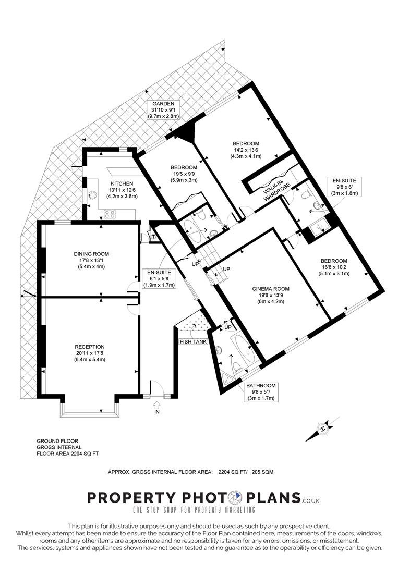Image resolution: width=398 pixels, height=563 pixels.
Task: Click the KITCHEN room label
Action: point(122,183)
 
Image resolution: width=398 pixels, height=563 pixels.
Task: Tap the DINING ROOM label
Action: point(91,254)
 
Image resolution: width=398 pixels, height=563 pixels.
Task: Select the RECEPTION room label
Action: point(89,347)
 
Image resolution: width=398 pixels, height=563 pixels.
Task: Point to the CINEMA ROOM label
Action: point(271,289)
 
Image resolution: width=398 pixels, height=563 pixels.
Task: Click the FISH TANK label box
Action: point(194,341)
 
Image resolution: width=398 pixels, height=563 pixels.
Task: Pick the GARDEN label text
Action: point(163,103)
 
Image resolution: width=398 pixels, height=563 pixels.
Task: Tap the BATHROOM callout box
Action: point(261,392)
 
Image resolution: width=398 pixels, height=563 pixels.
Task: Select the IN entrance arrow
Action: point(156,405)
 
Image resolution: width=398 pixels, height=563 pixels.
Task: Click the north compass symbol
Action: point(322,429)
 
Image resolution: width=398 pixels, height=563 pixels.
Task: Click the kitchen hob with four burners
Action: point(110,214)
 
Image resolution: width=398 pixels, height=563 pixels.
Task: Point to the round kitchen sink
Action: point(93,194)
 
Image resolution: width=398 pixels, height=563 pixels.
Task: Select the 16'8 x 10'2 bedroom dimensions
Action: point(334,267)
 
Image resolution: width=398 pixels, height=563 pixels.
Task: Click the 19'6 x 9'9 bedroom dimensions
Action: point(184,174)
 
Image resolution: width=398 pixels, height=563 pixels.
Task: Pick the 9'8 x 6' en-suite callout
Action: point(344,187)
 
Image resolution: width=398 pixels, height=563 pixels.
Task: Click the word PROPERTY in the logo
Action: point(132,498)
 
